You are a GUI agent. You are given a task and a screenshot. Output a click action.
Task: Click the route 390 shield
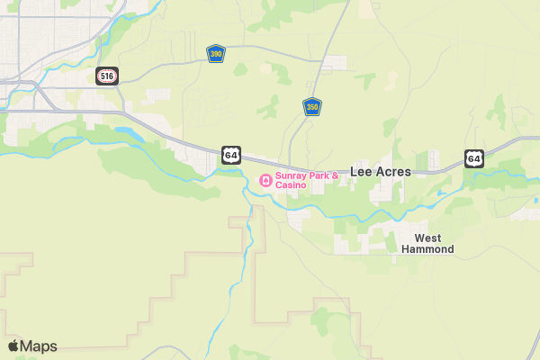[216, 53]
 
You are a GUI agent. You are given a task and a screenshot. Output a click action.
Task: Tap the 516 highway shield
[107, 76]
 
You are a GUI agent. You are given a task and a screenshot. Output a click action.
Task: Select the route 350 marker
[312, 107]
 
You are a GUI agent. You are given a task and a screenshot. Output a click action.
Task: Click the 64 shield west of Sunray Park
[231, 155]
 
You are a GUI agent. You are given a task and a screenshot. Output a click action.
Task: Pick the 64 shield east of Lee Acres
[474, 158]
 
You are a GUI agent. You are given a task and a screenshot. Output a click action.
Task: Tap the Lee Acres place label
[380, 171]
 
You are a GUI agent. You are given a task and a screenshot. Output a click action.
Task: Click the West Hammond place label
[427, 243]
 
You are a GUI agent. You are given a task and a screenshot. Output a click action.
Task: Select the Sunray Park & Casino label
[306, 180]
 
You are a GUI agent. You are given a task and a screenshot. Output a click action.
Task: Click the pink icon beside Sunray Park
[265, 180]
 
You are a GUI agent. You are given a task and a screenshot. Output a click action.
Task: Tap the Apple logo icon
[13, 346]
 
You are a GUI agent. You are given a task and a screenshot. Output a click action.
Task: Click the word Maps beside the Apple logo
[39, 346]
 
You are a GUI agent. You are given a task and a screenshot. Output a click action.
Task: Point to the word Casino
[291, 185]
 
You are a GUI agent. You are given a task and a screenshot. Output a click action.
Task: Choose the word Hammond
[427, 249]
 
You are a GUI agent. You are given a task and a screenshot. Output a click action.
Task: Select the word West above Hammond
[427, 238]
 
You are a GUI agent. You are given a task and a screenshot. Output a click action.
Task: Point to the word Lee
[360, 171]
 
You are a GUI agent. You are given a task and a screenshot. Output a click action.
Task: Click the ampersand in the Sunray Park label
[335, 175]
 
